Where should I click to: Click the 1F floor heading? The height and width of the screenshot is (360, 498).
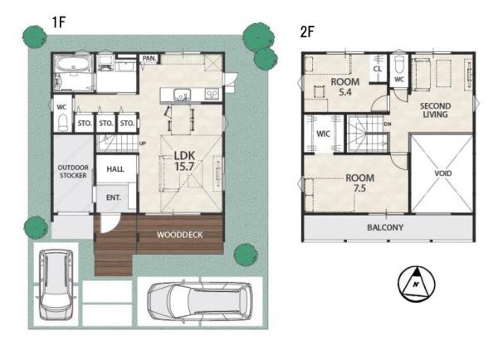coord(59,22)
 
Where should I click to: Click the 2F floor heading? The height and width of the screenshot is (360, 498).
coord(307,32)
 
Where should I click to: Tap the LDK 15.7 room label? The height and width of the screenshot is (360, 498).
coord(184,161)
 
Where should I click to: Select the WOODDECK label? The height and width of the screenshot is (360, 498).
coord(180,235)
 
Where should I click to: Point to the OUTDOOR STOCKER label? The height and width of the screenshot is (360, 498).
coord(73,172)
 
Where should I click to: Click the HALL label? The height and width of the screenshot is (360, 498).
coord(115,169)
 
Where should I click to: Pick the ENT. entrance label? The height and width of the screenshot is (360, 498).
coord(114,197)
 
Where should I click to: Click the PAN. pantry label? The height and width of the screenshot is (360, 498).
coord(149,58)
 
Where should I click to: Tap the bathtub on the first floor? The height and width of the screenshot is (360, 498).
coord(73,65)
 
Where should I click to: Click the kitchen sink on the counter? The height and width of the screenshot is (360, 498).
coord(182,95)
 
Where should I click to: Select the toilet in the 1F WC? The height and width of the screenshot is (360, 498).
coord(63,123)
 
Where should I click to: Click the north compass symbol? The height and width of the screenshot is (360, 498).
coord(417,285)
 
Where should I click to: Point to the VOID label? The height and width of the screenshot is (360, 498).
coord(443,173)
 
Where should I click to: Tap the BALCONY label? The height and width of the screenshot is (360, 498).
coord(385,227)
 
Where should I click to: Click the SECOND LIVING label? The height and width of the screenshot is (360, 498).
coord(435,110)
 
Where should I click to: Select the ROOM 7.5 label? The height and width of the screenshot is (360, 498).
coord(360,182)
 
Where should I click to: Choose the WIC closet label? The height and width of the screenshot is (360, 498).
coord(324,134)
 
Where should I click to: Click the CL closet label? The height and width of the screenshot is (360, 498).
coord(378,69)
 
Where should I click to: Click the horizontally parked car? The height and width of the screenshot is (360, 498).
coord(200,301)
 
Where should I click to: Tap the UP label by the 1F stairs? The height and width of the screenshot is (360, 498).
coord(143,144)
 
